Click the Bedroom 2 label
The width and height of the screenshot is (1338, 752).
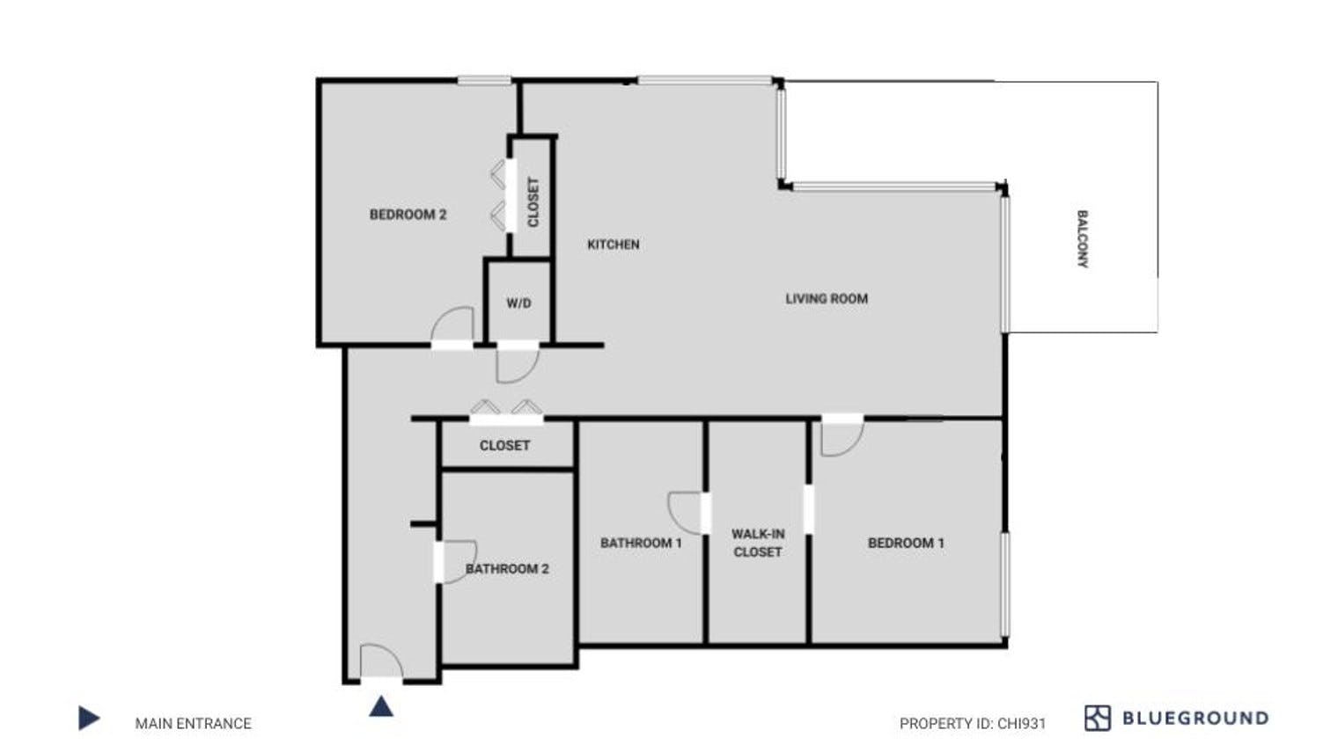point(408,215)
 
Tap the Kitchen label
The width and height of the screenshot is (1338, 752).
point(613,245)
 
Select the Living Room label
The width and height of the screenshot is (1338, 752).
point(827,299)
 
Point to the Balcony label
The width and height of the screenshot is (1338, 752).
point(1082,238)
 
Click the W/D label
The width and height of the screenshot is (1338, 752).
point(518,303)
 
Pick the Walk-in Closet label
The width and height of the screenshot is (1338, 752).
point(757,543)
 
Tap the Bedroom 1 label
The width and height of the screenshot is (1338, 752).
point(906,543)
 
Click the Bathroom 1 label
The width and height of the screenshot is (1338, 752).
point(641,543)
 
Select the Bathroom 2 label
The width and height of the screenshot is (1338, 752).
point(507,569)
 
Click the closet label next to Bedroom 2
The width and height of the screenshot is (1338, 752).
point(533,202)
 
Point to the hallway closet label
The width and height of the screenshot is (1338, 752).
point(504,446)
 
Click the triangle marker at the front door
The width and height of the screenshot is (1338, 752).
point(381,705)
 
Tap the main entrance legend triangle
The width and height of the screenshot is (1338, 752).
point(89,719)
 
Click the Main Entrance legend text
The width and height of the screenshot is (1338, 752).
point(193,724)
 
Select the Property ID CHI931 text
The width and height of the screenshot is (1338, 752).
point(973,724)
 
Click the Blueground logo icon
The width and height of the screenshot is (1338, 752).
point(1097,719)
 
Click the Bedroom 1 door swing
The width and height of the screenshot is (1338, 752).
point(841,436)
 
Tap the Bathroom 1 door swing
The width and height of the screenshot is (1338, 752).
point(685,511)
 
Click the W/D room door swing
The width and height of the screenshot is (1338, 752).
point(516,363)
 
